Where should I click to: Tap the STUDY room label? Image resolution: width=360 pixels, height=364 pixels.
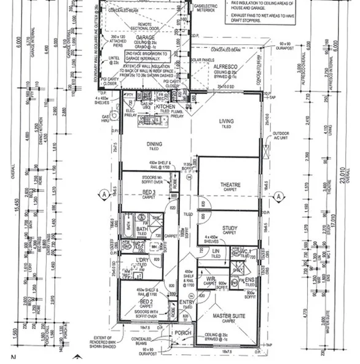pos(230,228)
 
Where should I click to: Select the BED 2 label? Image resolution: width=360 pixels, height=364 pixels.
pos(146,303)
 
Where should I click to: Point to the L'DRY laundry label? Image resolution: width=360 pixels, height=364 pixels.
pos(141,261)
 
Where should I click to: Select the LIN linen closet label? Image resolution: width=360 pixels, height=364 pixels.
pos(216,251)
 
